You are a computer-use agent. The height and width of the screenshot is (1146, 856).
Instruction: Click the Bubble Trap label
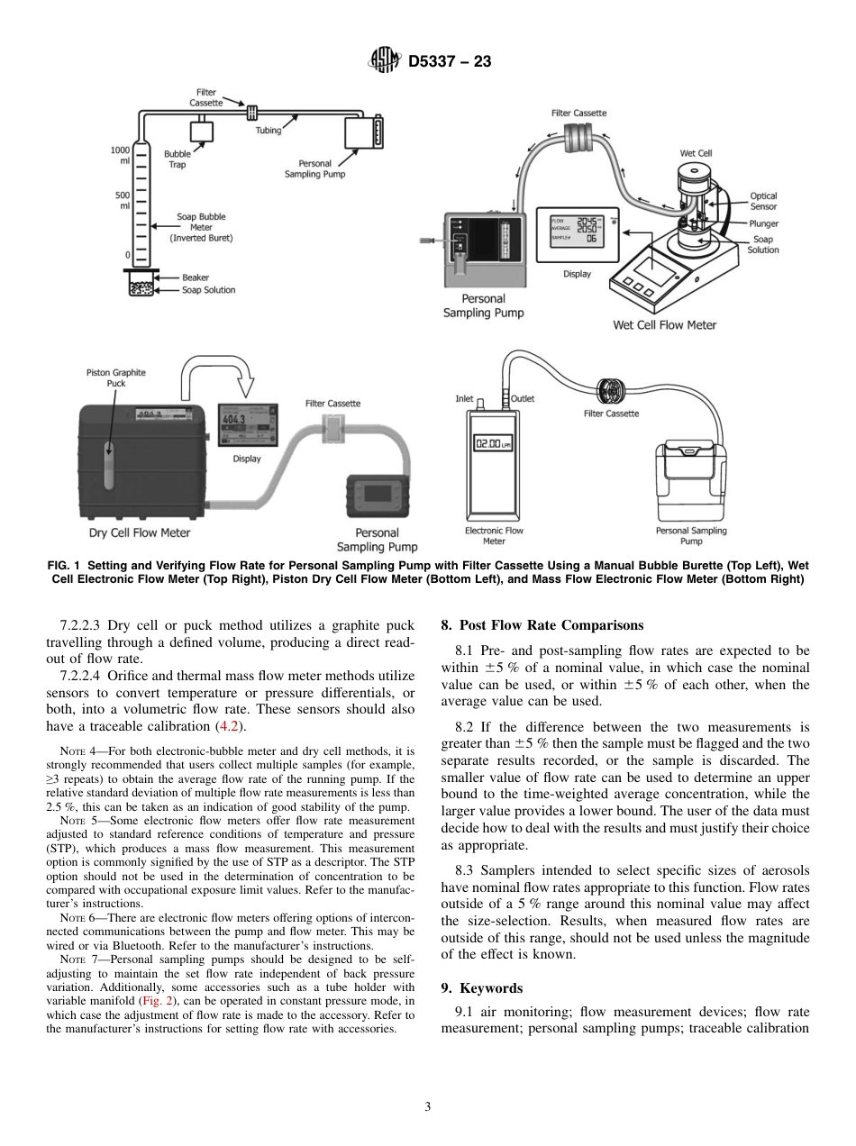pyautogui.click(x=177, y=159)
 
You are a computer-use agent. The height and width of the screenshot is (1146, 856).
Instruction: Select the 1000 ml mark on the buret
pyautogui.click(x=120, y=154)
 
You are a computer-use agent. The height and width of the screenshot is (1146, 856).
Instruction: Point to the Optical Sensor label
pyautogui.click(x=763, y=201)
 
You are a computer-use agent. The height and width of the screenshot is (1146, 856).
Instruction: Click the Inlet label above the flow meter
pyautogui.click(x=464, y=398)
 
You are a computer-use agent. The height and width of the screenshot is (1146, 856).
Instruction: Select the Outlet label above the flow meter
pyautogui.click(x=523, y=398)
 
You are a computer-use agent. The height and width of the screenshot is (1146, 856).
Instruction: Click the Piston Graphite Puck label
pyautogui.click(x=115, y=377)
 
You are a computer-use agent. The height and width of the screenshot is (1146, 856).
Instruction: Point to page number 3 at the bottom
pyautogui.click(x=427, y=1106)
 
